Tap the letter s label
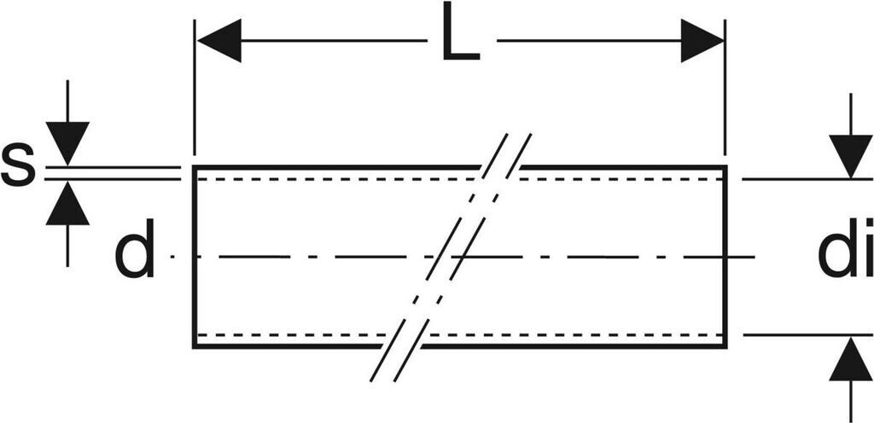18,166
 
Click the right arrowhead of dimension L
702,40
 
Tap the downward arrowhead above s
67,142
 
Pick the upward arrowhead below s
67,206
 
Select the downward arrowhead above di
850,155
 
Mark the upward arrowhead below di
850,360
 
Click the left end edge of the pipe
194,256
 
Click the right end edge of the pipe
725,256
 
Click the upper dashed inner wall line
341,179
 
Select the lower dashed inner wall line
299,334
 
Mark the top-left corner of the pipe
194,167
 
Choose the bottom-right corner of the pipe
725,346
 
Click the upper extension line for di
794,179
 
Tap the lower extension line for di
794,335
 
